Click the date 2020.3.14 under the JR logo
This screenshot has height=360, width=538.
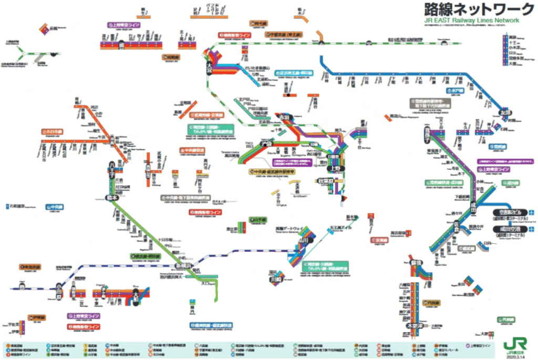click(513, 356)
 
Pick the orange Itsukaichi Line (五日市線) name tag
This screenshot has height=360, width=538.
click(53, 131)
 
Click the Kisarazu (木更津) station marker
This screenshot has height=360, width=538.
click(415, 326)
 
